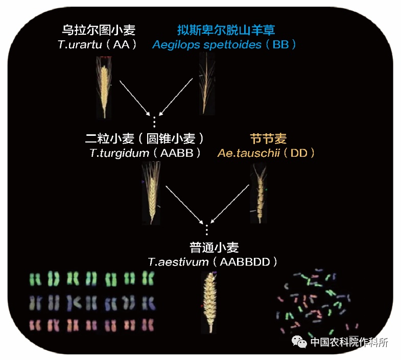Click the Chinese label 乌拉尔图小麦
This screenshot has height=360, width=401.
pyautogui.click(x=99, y=30)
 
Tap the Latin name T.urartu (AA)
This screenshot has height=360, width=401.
pyautogui.click(x=98, y=44)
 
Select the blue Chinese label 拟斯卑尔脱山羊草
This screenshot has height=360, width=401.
pyautogui.click(x=226, y=30)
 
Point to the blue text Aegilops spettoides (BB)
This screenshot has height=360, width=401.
pyautogui.click(x=224, y=44)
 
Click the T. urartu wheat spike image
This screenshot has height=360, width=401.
pyautogui.click(x=104, y=87)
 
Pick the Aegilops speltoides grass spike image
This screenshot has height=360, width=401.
pyautogui.click(x=207, y=83)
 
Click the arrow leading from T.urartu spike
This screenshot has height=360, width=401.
pyautogui.click(x=134, y=98)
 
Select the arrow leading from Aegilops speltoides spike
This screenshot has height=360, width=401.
pyautogui.click(x=176, y=97)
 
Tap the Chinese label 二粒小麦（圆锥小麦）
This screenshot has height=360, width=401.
pyautogui.click(x=145, y=138)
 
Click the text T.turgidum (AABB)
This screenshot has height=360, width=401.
pyautogui.click(x=145, y=153)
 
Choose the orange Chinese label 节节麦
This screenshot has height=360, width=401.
pyautogui.click(x=268, y=138)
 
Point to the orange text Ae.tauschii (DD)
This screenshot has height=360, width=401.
pyautogui.click(x=266, y=153)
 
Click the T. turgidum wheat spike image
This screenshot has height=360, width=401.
pyautogui.click(x=151, y=193)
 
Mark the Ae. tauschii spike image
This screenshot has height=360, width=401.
pyautogui.click(x=259, y=194)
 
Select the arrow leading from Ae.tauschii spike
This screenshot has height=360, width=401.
pyautogui.click(x=229, y=204)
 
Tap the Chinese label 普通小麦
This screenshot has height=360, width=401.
pyautogui.click(x=214, y=248)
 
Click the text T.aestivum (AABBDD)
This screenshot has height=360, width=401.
pyautogui.click(x=213, y=262)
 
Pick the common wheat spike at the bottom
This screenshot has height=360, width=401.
pyautogui.click(x=210, y=302)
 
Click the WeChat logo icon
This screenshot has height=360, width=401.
pyautogui.click(x=299, y=342)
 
